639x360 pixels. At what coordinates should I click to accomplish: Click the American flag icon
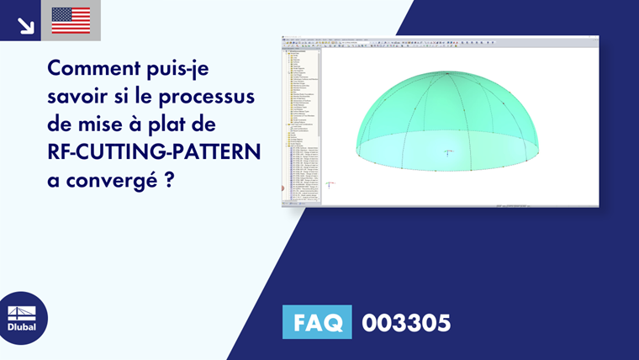tap(71, 20)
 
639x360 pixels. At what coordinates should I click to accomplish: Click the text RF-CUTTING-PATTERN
tap(155, 151)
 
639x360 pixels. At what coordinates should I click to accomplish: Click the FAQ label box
tap(317, 323)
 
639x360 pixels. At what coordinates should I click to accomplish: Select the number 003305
tap(406, 323)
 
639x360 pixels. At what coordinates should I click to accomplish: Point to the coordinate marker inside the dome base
tap(449, 152)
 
